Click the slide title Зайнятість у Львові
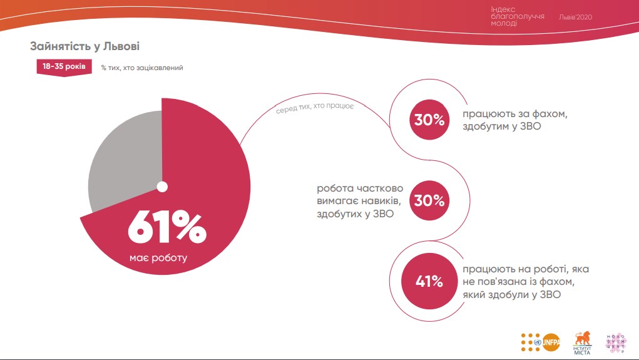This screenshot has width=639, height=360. click(x=85, y=46)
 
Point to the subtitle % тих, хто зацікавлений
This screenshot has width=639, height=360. click(x=141, y=68)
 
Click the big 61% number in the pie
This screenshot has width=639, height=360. click(x=166, y=227)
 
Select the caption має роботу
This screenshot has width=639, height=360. click(x=158, y=258)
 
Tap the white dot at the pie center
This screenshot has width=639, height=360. click(x=162, y=187)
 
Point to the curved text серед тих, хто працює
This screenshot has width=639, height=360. click(x=315, y=108)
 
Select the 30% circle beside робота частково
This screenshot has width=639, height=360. click(x=429, y=201)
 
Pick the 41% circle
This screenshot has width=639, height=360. click(x=429, y=282)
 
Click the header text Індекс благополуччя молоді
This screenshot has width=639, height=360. click(x=518, y=18)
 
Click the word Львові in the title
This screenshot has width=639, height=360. click(x=121, y=46)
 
